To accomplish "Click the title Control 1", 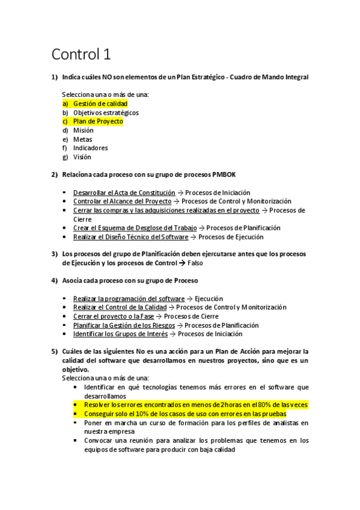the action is pyautogui.click(x=81, y=55).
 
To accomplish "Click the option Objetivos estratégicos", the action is pyautogui.click(x=106, y=112).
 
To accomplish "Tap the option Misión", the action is pyautogui.click(x=84, y=130).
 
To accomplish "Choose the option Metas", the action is pyautogui.click(x=83, y=139).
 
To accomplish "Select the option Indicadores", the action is pyautogui.click(x=91, y=148).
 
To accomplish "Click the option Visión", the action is pyautogui.click(x=82, y=157).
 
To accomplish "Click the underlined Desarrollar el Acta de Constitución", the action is pyautogui.click(x=124, y=192).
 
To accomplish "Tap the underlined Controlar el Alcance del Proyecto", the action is pyautogui.click(x=122, y=201).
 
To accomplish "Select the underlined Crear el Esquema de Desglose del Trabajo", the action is pyautogui.click(x=135, y=228).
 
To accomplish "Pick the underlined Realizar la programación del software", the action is pyautogui.click(x=129, y=298).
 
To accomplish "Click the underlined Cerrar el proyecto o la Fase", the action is pyautogui.click(x=114, y=316).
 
